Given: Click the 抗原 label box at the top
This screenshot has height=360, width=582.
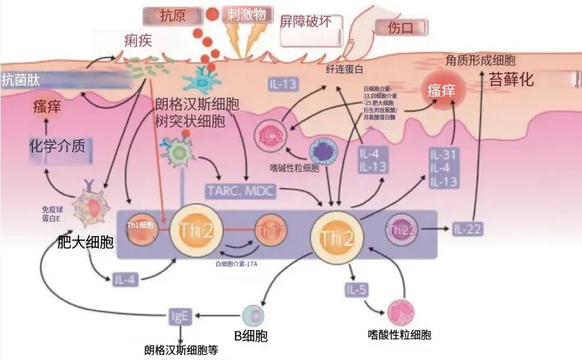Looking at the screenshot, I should click(170, 15).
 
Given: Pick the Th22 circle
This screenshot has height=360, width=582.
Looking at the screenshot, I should click(403, 229).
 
